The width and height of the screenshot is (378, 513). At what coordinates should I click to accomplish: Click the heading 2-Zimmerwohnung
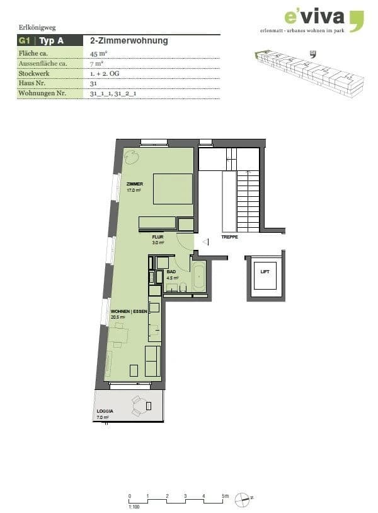(x=129, y=41)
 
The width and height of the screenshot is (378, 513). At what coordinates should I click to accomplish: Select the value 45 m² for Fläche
(x=98, y=54)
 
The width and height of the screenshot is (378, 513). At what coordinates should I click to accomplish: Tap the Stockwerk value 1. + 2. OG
(x=105, y=74)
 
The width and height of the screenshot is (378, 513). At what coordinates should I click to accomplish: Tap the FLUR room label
(x=157, y=237)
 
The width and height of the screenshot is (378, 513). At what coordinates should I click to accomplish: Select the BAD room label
(x=171, y=271)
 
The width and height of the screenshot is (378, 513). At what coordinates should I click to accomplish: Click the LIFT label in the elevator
(x=265, y=272)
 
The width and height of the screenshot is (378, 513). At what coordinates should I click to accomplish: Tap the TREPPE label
(x=229, y=237)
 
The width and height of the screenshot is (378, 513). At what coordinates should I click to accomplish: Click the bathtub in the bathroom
(x=198, y=276)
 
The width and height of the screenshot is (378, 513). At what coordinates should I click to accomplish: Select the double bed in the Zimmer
(x=173, y=188)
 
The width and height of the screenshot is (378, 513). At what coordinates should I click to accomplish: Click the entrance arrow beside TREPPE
(x=204, y=241)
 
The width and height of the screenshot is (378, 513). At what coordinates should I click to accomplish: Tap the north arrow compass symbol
(x=243, y=498)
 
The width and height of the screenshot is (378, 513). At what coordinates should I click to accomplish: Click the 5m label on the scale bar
(x=225, y=496)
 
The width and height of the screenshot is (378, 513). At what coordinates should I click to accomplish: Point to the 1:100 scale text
(x=133, y=507)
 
